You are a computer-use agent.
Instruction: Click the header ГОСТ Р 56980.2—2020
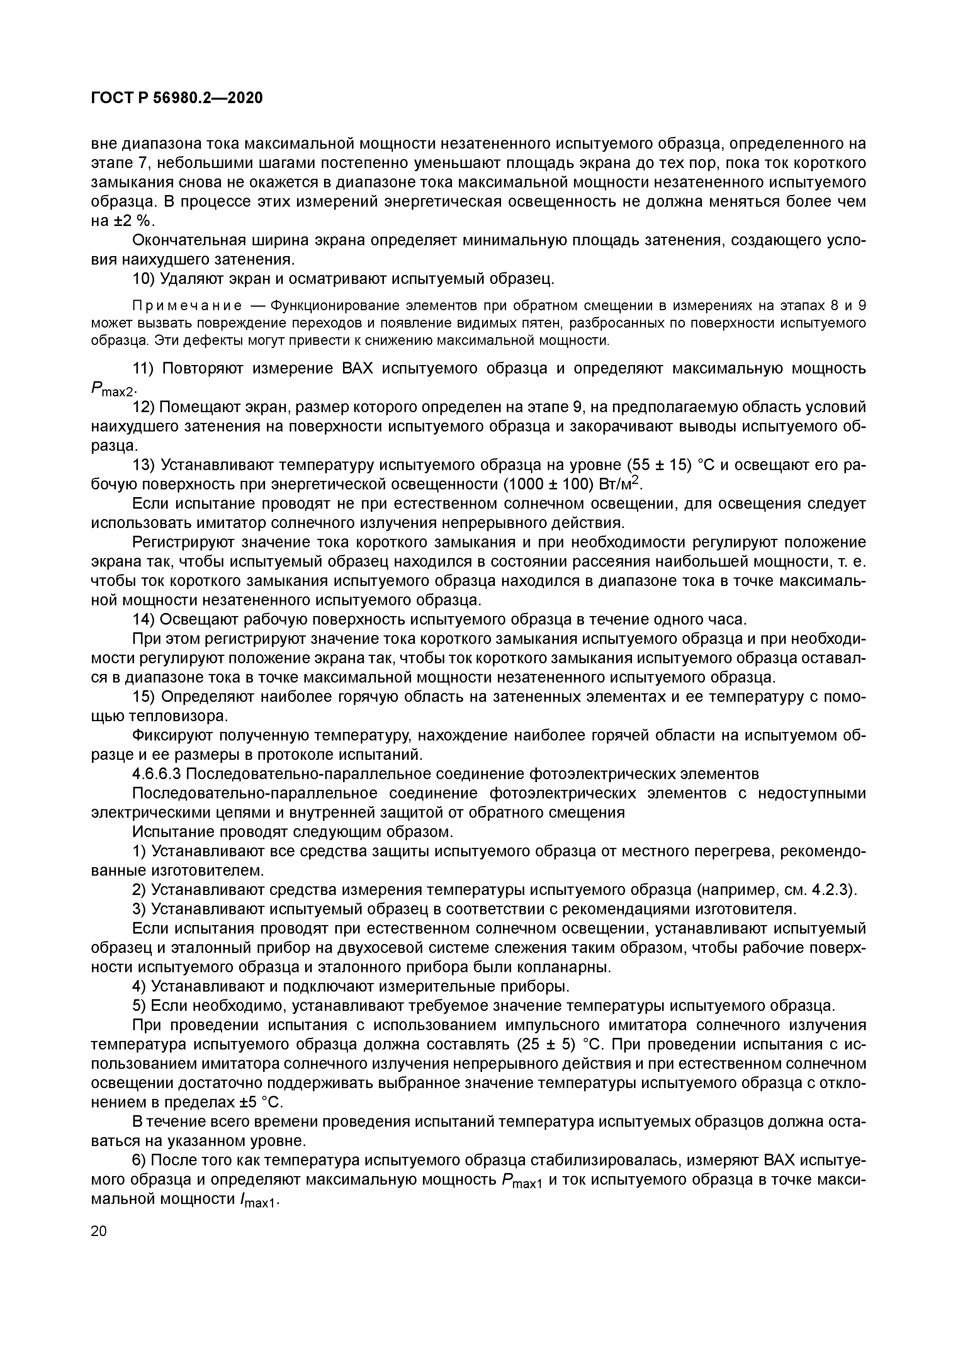pos(177,97)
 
